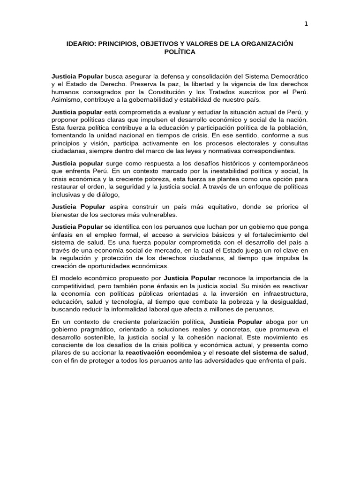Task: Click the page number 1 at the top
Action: tap(306, 24)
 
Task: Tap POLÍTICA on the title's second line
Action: tap(180, 52)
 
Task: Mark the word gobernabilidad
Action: tap(130, 99)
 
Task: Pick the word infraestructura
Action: tap(283, 293)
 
